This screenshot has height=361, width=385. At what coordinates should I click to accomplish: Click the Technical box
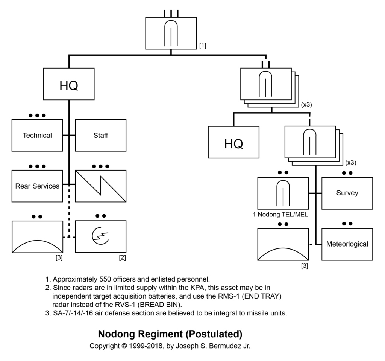point(37,135)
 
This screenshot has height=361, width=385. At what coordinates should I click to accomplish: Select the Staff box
point(101,135)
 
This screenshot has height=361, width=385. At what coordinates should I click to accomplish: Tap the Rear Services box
point(37,186)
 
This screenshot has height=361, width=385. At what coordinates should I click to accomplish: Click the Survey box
point(347,193)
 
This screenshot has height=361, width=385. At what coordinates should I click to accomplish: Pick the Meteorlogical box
point(347,244)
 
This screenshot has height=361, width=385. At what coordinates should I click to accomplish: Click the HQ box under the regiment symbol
point(69,84)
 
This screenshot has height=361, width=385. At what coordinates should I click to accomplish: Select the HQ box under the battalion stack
point(233,142)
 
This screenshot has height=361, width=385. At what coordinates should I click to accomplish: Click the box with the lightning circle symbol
point(101,236)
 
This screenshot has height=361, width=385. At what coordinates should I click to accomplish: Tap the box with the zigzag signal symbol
point(101,186)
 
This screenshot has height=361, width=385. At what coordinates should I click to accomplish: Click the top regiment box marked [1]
point(171,33)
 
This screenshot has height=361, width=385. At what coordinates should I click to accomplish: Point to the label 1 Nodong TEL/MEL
point(280,215)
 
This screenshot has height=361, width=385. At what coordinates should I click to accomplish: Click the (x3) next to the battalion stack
point(306,105)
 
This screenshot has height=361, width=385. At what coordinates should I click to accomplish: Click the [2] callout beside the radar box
point(122,258)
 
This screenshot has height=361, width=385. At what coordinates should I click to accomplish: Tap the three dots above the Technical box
point(37,116)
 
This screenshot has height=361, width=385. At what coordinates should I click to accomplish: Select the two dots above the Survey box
point(347,173)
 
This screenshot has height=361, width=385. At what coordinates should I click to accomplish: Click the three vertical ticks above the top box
point(171,14)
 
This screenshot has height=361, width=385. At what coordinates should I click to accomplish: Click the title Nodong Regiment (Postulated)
point(170,334)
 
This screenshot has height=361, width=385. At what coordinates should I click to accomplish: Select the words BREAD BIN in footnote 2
point(159,305)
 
